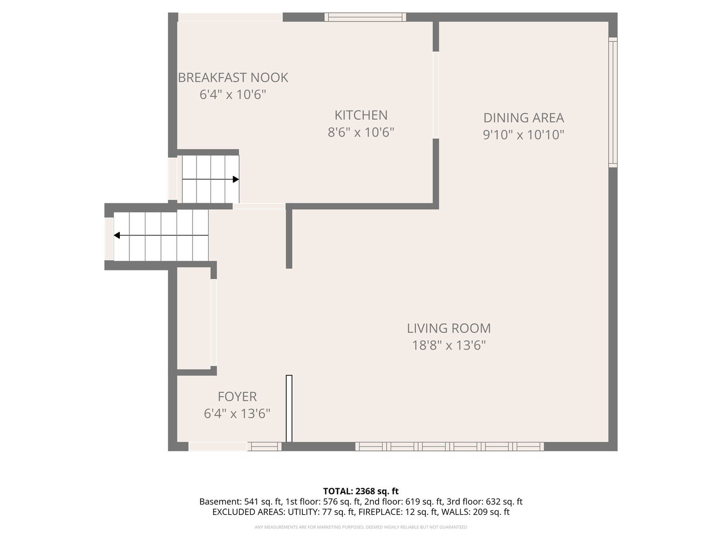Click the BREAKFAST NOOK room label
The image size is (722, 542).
[233, 78]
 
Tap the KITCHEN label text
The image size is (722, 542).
[360, 115]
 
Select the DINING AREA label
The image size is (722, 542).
[523, 118]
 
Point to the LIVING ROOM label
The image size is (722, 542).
[448, 329]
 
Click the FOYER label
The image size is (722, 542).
[237, 397]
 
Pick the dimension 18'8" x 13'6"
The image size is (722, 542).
[448, 346]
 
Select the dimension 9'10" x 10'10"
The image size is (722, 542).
[523, 135]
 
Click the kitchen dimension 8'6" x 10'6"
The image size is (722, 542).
[360, 132]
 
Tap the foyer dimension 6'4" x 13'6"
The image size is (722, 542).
[237, 414]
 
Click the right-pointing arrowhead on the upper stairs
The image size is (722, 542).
[236, 179]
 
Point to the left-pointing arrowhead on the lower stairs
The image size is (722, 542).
[117, 235]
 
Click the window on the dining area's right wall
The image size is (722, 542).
[613, 102]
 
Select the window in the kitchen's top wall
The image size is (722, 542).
[365, 17]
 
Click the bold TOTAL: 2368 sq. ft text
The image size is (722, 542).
[360, 491]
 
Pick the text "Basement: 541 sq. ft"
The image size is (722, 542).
[241, 502]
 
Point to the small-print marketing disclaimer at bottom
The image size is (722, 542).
[360, 527]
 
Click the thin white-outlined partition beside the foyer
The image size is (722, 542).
[289, 409]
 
